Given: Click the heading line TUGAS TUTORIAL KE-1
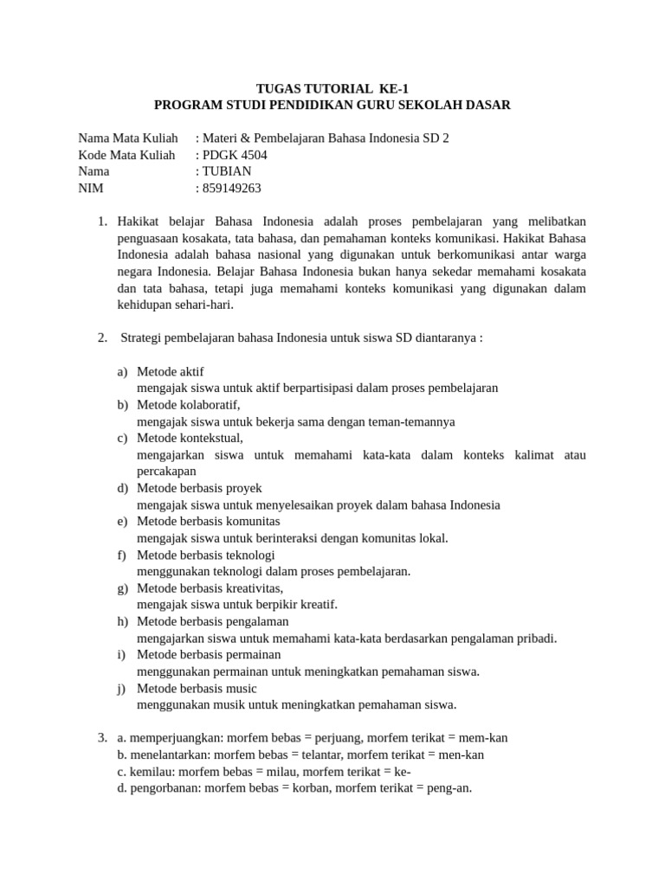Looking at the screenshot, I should (x=332, y=88).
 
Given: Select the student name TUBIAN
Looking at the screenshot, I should (x=227, y=171).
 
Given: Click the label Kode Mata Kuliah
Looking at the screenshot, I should (x=126, y=155).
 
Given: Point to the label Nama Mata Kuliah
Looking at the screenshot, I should (x=128, y=138).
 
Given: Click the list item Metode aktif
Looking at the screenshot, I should (x=171, y=371).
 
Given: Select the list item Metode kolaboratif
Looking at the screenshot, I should (x=189, y=405).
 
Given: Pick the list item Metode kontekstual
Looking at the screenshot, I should (x=190, y=438).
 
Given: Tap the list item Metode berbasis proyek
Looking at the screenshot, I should (x=199, y=488).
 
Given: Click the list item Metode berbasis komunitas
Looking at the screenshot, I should (x=209, y=521).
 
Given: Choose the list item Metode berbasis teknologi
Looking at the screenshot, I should (x=206, y=555).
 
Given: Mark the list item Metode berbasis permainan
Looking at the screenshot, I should (x=209, y=654).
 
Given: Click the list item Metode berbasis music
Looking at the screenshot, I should (x=197, y=688).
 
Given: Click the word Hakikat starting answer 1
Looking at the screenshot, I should (x=139, y=221).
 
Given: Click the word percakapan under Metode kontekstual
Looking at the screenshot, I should (x=167, y=472).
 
